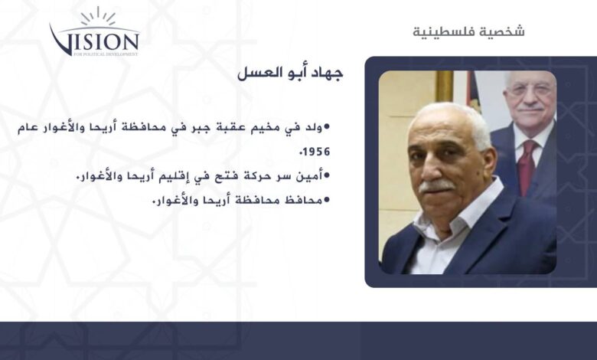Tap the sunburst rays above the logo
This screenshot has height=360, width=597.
(x=98, y=16)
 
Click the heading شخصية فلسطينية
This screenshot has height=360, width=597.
(x=468, y=31)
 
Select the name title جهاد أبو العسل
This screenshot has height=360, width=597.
(x=290, y=73)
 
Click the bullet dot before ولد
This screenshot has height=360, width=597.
(x=326, y=126)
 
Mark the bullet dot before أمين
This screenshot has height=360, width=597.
(x=326, y=175)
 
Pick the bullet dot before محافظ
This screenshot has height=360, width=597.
(x=326, y=199)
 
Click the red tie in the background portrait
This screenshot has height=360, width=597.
(x=526, y=167)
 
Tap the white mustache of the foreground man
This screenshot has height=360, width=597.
(x=436, y=185)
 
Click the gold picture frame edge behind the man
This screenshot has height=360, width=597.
(x=444, y=87)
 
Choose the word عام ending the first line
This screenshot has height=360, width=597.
(x=28, y=128)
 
